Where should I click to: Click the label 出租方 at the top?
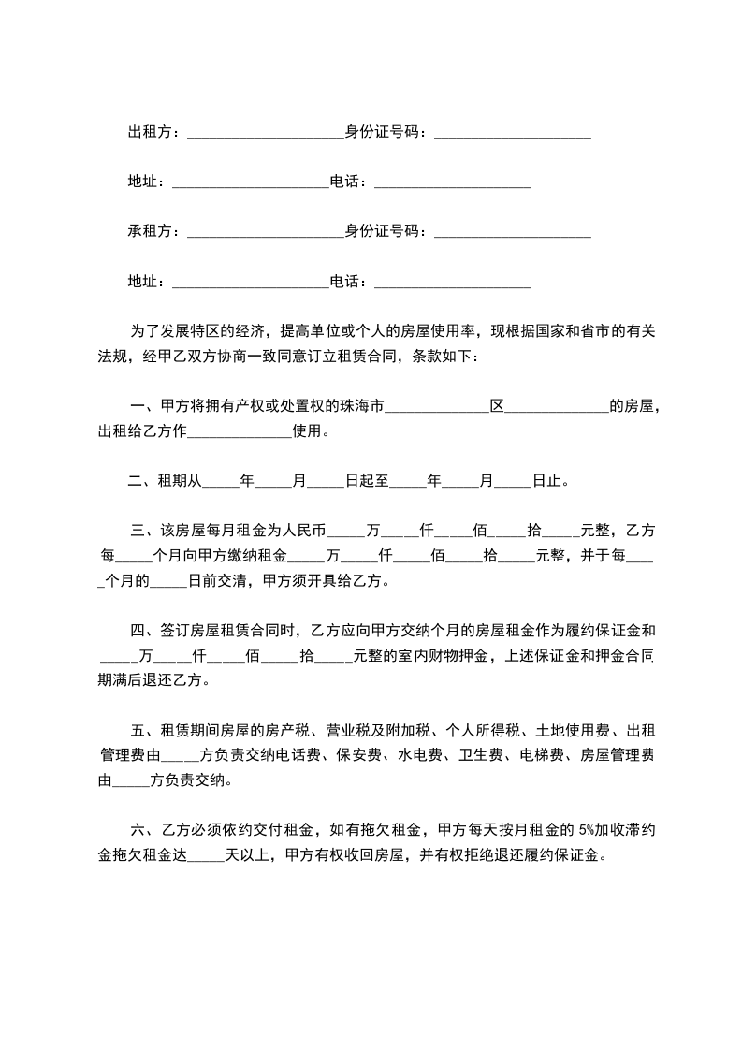point(150,132)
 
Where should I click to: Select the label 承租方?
point(150,231)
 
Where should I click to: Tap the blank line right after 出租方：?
point(266,134)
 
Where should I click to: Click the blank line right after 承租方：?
point(266,233)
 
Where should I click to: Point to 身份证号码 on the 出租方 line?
point(384,132)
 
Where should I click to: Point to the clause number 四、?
point(141,631)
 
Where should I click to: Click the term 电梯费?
point(542,755)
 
